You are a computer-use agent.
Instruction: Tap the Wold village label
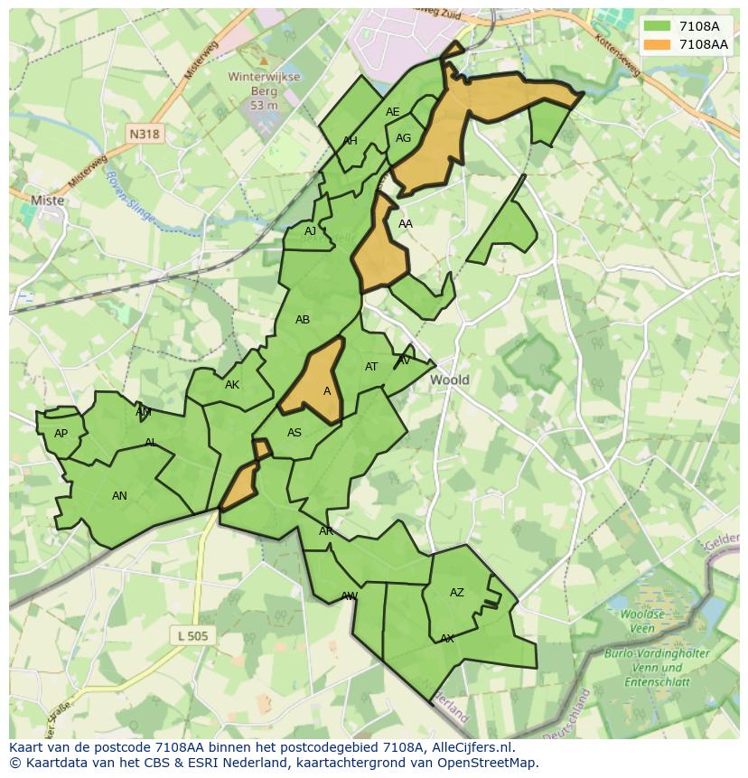[449, 380]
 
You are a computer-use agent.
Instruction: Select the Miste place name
[47, 201]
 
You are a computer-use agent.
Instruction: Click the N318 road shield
[144, 134]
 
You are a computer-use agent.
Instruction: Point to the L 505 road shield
[192, 636]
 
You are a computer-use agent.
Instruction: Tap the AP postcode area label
[61, 434]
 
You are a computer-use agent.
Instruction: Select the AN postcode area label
[119, 495]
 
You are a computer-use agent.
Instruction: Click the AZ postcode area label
[457, 593]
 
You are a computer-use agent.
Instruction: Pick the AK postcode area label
[232, 385]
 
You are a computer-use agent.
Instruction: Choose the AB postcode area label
[303, 320]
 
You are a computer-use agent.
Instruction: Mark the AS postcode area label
[295, 433]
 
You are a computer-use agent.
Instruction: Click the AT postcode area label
[371, 367]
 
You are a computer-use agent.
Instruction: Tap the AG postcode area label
[403, 138]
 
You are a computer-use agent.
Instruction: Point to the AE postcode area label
[392, 112]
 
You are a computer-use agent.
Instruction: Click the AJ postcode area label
[310, 231]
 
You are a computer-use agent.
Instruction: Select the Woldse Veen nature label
[642, 621]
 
